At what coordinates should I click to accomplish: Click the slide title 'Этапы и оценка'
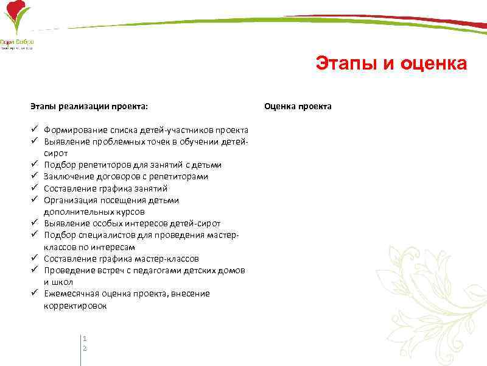(391, 64)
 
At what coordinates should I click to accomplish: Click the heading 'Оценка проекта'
(297, 106)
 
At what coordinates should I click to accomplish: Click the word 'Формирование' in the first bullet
(75, 130)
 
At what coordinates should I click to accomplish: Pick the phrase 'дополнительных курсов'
(94, 212)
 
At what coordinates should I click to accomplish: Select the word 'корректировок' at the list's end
(75, 306)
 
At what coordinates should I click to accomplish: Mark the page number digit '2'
(85, 348)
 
